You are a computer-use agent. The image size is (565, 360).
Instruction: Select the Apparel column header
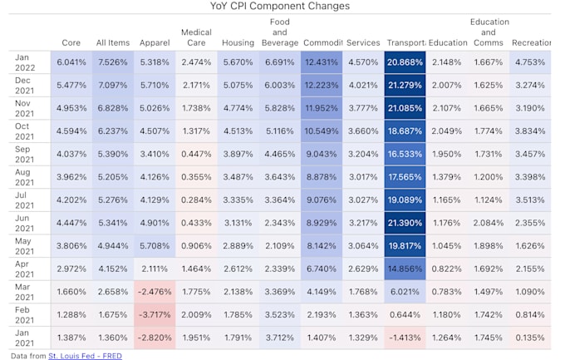point(155,42)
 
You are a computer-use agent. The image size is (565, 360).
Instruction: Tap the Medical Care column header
point(196,37)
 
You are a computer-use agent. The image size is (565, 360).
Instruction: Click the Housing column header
point(238,42)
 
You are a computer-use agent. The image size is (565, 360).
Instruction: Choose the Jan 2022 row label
point(24,62)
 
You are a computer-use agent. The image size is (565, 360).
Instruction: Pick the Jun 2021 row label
point(24,222)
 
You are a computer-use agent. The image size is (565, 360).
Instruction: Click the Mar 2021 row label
point(24,291)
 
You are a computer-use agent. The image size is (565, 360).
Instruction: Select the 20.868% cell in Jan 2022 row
point(405,62)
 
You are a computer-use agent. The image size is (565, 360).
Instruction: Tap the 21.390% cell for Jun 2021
point(405,223)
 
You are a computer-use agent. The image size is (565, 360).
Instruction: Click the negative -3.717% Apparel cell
point(155,314)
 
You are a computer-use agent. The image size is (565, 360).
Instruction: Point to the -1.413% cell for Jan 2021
point(405,338)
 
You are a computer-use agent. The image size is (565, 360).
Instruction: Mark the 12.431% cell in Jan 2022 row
point(321,62)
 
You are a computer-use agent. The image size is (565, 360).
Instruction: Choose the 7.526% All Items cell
point(113,62)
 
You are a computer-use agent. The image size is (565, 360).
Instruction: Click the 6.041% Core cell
point(71,62)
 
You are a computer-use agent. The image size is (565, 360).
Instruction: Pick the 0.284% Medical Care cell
point(196,200)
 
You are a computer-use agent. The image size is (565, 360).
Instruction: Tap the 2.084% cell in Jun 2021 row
point(489,223)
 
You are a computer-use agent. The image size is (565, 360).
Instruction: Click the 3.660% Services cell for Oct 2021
point(363,131)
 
